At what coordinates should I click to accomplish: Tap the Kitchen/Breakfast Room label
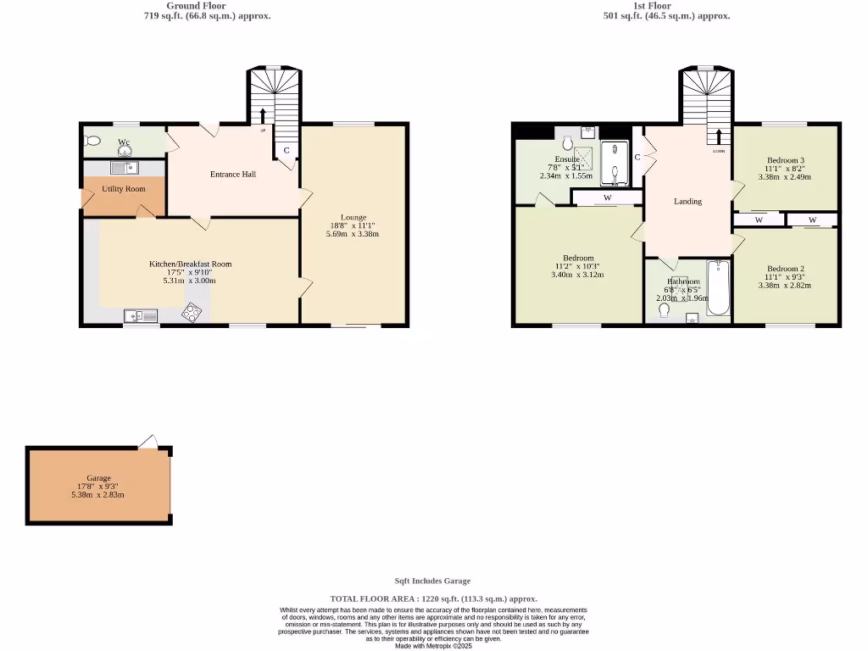pyautogui.click(x=190, y=264)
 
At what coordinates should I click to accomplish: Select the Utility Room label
pyautogui.click(x=124, y=189)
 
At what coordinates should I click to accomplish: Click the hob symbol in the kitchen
pyautogui.click(x=192, y=314)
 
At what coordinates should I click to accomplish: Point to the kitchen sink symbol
pyautogui.click(x=141, y=316)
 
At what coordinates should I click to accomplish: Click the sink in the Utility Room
pyautogui.click(x=124, y=168)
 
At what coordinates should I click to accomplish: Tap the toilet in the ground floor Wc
pyautogui.click(x=92, y=142)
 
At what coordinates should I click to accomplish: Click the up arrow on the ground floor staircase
pyautogui.click(x=263, y=116)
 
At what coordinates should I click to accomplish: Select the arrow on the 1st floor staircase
pyautogui.click(x=719, y=137)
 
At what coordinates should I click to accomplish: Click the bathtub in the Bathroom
pyautogui.click(x=719, y=289)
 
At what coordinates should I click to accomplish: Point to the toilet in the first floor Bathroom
pyautogui.click(x=664, y=311)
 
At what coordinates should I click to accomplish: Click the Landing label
pyautogui.click(x=687, y=201)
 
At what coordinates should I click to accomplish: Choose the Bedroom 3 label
pyautogui.click(x=785, y=160)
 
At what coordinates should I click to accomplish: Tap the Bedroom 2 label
pyautogui.click(x=785, y=269)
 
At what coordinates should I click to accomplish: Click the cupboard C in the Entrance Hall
pyautogui.click(x=287, y=151)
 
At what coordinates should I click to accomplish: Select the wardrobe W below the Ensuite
pyautogui.click(x=607, y=198)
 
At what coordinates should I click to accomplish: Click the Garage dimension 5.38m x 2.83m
pyautogui.click(x=98, y=495)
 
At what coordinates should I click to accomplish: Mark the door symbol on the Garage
pyautogui.click(x=149, y=442)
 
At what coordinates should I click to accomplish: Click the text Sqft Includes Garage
pyautogui.click(x=433, y=581)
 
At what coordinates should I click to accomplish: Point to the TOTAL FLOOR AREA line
pyautogui.click(x=433, y=598)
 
